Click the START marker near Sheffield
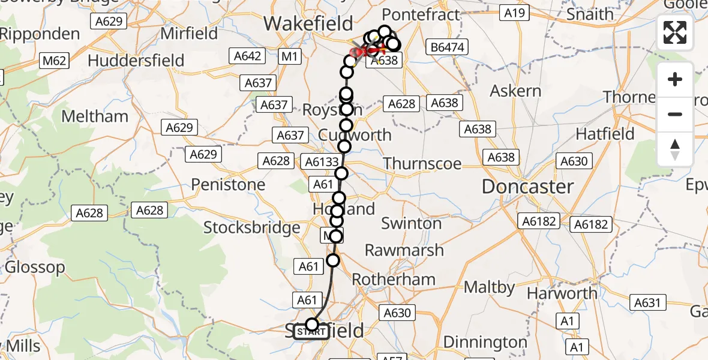tap(311, 332)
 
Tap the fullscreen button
tap(675, 32)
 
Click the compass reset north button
tap(675, 149)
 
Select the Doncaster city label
tap(527, 187)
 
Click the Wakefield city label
tap(308, 24)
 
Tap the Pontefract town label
tap(421, 14)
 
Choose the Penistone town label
tap(229, 184)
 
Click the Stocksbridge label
tap(251, 227)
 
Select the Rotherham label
tap(394, 280)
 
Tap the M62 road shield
tap(54, 60)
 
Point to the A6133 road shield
tap(323, 161)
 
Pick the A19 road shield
tap(515, 13)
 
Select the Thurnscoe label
tap(422, 163)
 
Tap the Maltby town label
tap(490, 287)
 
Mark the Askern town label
tap(515, 91)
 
